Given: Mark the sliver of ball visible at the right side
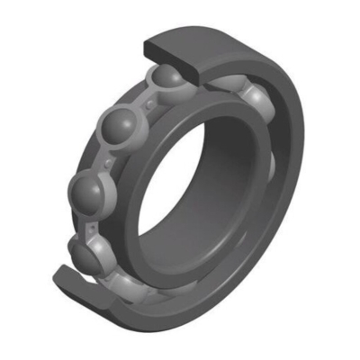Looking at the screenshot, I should (x=271, y=166).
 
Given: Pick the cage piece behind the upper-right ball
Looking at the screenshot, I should (x=236, y=85).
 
